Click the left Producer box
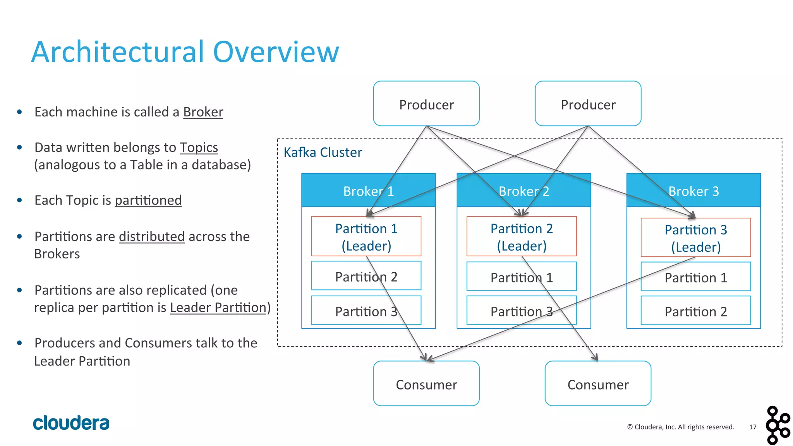426,104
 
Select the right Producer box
588,104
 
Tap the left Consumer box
426,384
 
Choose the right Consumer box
597,384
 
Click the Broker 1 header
368,190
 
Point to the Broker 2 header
524,190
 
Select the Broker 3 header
693,190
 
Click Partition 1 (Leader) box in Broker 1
366,236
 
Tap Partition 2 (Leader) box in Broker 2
521,236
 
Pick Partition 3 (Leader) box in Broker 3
695,238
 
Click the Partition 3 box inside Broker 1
366,311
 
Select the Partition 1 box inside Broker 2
521,277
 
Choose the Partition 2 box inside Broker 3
695,311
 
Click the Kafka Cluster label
323,152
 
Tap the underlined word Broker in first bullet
203,112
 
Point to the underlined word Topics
199,148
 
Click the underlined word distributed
151,237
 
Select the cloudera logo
71,423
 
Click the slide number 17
752,427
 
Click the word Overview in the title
276,52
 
